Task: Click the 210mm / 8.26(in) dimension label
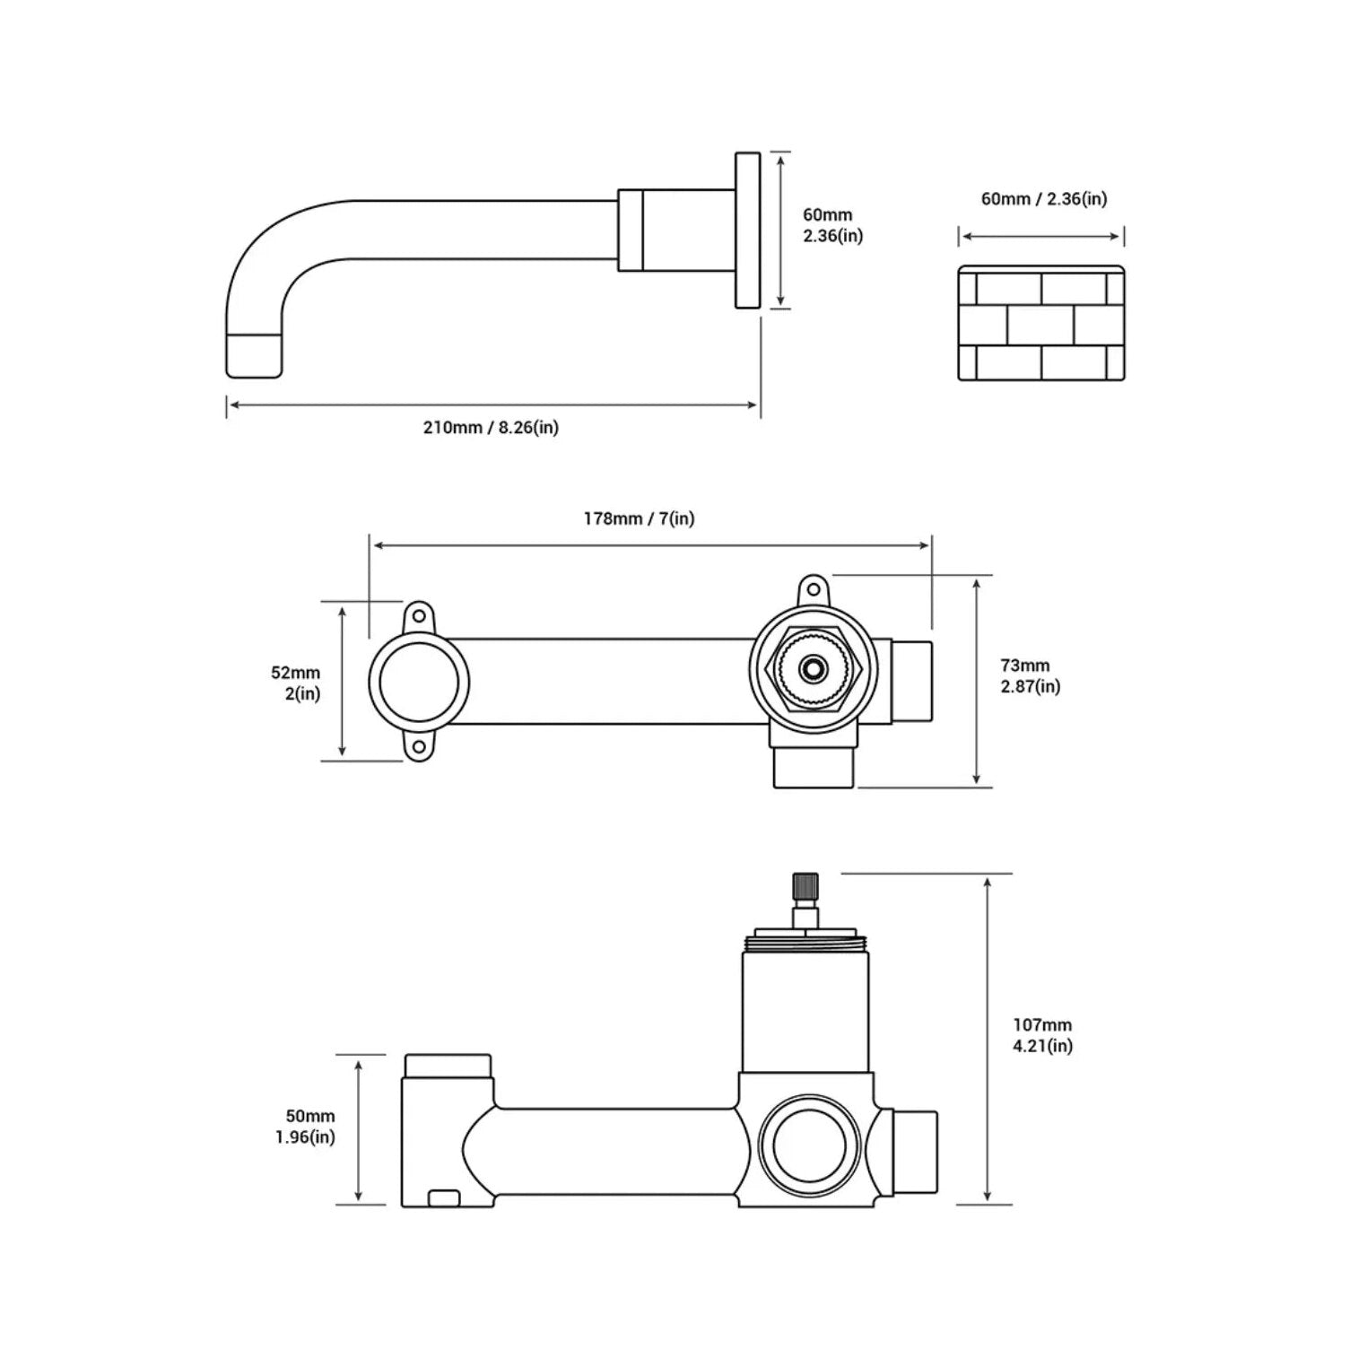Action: click(x=491, y=428)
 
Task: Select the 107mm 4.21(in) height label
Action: click(x=1042, y=1035)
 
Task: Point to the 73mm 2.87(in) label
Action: click(x=1030, y=675)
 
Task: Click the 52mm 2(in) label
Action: click(x=297, y=683)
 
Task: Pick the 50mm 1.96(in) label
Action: click(x=305, y=1127)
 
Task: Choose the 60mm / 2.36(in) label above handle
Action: click(x=1043, y=198)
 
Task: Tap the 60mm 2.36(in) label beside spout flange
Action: click(x=832, y=225)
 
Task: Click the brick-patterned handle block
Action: click(x=1040, y=322)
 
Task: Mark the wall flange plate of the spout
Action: click(x=747, y=231)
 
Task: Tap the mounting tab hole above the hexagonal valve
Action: click(x=813, y=590)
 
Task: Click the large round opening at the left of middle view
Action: click(x=419, y=683)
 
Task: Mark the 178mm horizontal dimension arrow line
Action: click(x=651, y=544)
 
